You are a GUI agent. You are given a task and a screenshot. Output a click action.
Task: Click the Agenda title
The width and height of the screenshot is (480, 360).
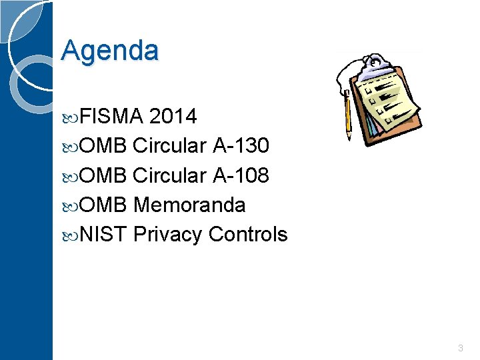110,51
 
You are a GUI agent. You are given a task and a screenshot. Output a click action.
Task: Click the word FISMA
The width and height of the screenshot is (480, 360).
111,117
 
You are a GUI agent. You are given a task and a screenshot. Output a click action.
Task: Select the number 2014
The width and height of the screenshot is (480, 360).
173,117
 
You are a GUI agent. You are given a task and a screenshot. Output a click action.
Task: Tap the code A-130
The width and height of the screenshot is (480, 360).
241,146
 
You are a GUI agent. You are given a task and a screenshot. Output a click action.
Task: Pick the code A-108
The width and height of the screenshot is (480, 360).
241,175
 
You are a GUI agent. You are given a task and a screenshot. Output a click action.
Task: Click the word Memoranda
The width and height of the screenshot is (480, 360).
189,205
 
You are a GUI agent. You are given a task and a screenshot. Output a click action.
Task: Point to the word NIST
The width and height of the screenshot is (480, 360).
103,235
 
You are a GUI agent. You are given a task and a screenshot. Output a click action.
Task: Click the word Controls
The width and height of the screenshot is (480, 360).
248,235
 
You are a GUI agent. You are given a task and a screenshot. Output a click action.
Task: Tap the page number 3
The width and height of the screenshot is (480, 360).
461,348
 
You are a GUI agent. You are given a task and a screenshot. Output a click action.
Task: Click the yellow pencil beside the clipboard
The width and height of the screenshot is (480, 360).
347,113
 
